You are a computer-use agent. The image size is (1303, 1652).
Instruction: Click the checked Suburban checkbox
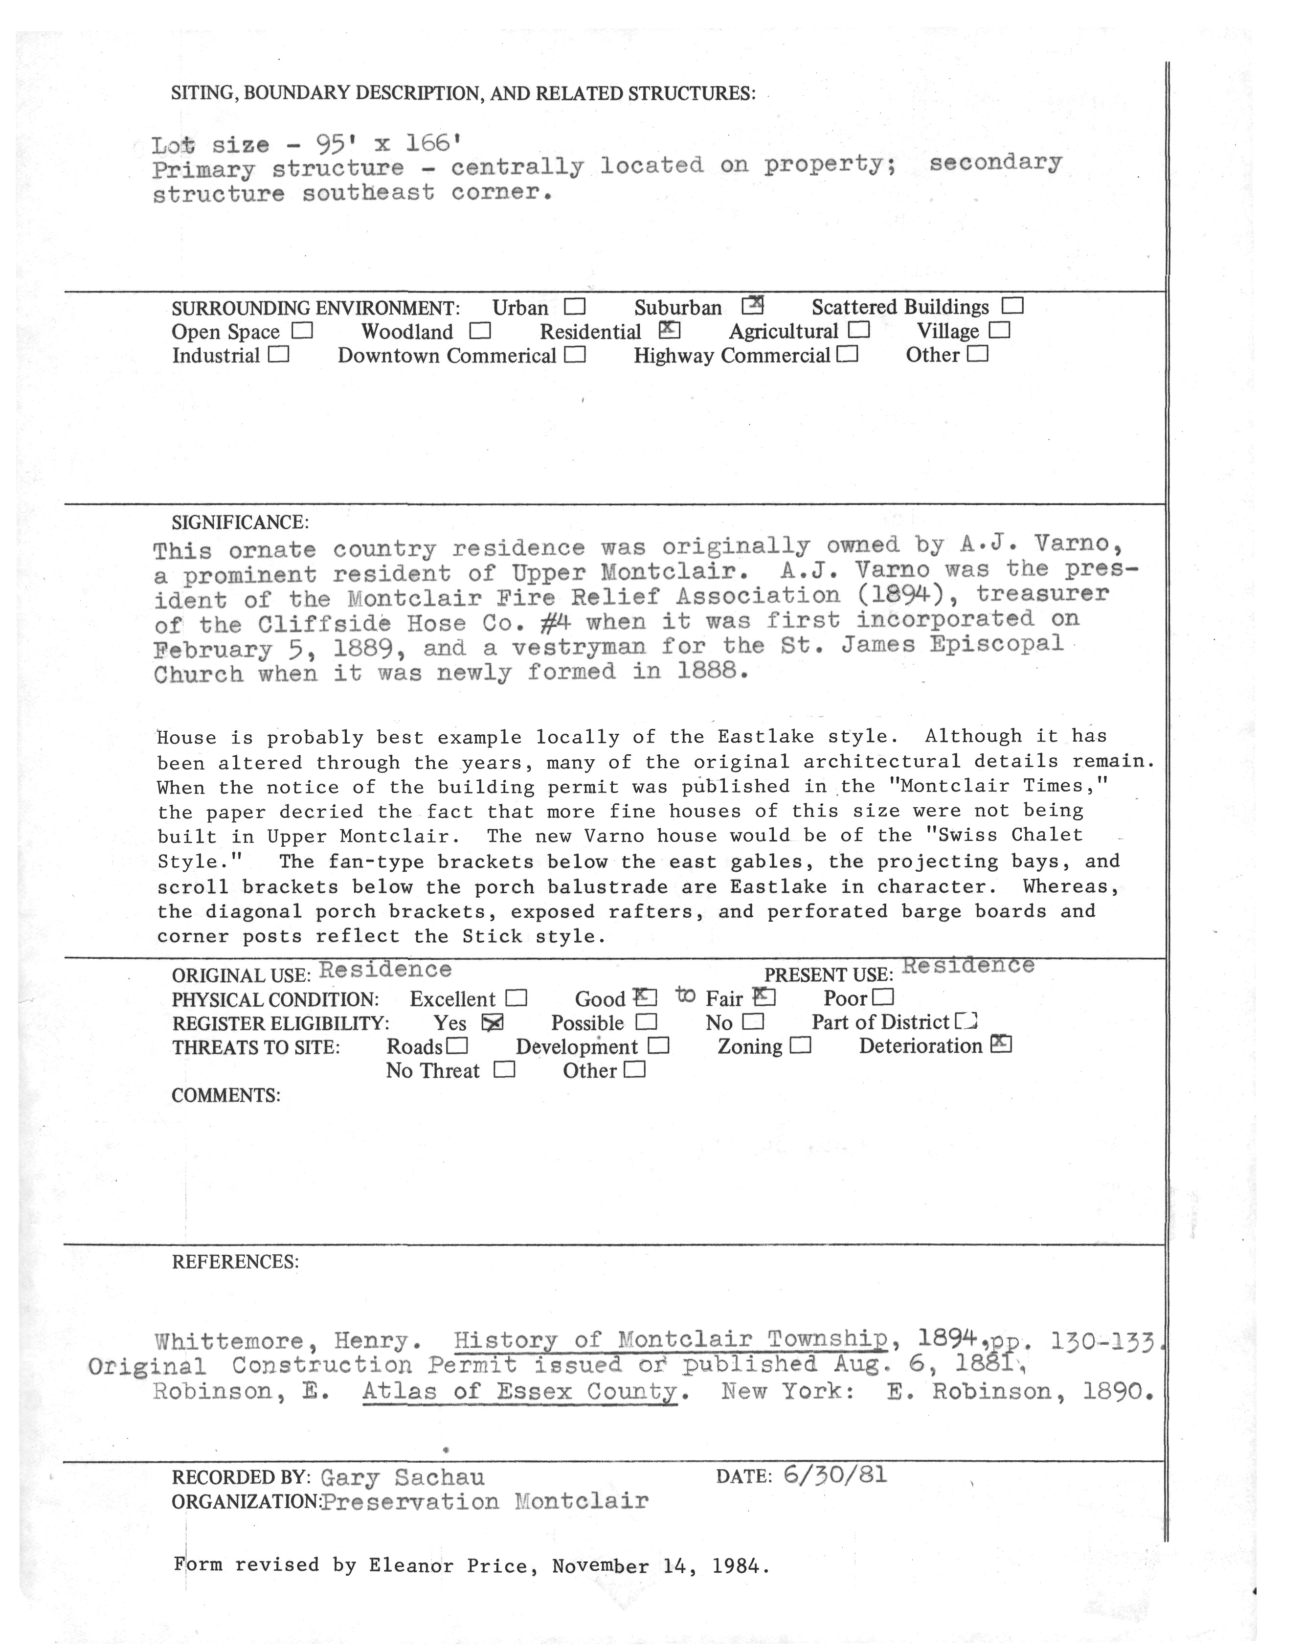coord(752,305)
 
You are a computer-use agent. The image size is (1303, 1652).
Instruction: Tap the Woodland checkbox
coord(480,331)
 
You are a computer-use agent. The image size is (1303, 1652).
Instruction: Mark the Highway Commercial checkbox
coord(847,355)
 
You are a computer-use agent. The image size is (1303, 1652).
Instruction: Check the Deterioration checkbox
coord(1000,1044)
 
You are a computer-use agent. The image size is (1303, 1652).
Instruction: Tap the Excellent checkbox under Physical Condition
coord(517,998)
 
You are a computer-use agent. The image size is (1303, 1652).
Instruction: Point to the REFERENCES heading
coord(235,1262)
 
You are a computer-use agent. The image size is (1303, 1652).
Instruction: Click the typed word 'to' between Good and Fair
coord(685,995)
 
